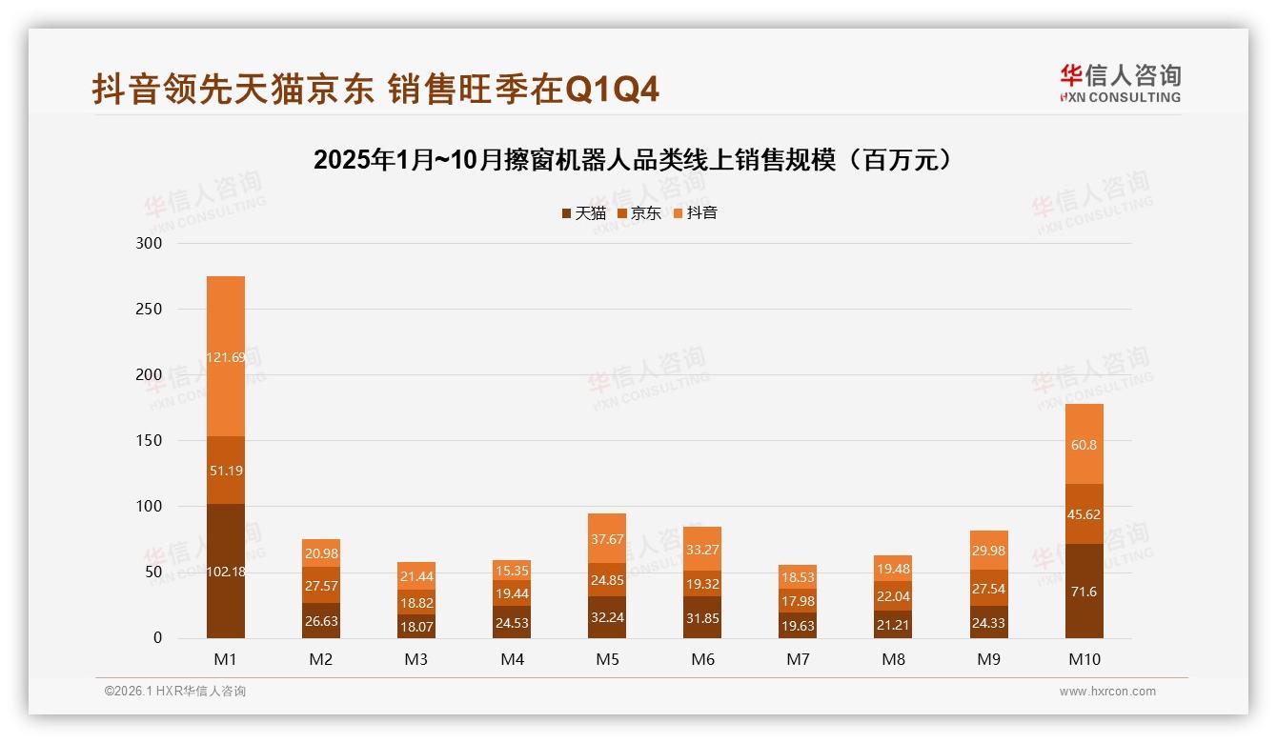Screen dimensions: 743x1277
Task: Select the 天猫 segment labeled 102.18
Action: pyautogui.click(x=226, y=572)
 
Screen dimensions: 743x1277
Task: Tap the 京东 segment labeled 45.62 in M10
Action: pyautogui.click(x=1084, y=514)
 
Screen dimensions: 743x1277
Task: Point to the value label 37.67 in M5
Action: pyautogui.click(x=607, y=538)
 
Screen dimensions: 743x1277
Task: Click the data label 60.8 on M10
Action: pyautogui.click(x=1084, y=444)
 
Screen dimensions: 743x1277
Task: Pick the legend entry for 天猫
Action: pyautogui.click(x=583, y=213)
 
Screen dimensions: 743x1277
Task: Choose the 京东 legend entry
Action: pyautogui.click(x=639, y=213)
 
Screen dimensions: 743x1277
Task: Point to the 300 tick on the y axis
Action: pyautogui.click(x=151, y=243)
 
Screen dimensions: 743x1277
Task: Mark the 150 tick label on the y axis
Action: pyautogui.click(x=151, y=440)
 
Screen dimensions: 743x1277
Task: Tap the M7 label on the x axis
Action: pyautogui.click(x=798, y=659)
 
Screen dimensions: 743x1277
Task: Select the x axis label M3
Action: pyautogui.click(x=416, y=659)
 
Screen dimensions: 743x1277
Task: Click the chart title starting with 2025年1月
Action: pyautogui.click(x=633, y=160)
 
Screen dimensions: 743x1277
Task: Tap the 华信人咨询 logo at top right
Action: pyautogui.click(x=1120, y=83)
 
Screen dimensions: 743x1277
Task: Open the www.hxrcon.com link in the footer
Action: pyautogui.click(x=1107, y=692)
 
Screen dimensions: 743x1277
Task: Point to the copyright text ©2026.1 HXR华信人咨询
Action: pyautogui.click(x=175, y=692)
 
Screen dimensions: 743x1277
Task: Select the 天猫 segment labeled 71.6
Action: pyautogui.click(x=1084, y=592)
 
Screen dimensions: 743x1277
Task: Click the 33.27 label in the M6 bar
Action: pyautogui.click(x=702, y=549)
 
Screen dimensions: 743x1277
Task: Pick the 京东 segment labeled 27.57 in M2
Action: pyautogui.click(x=321, y=586)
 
